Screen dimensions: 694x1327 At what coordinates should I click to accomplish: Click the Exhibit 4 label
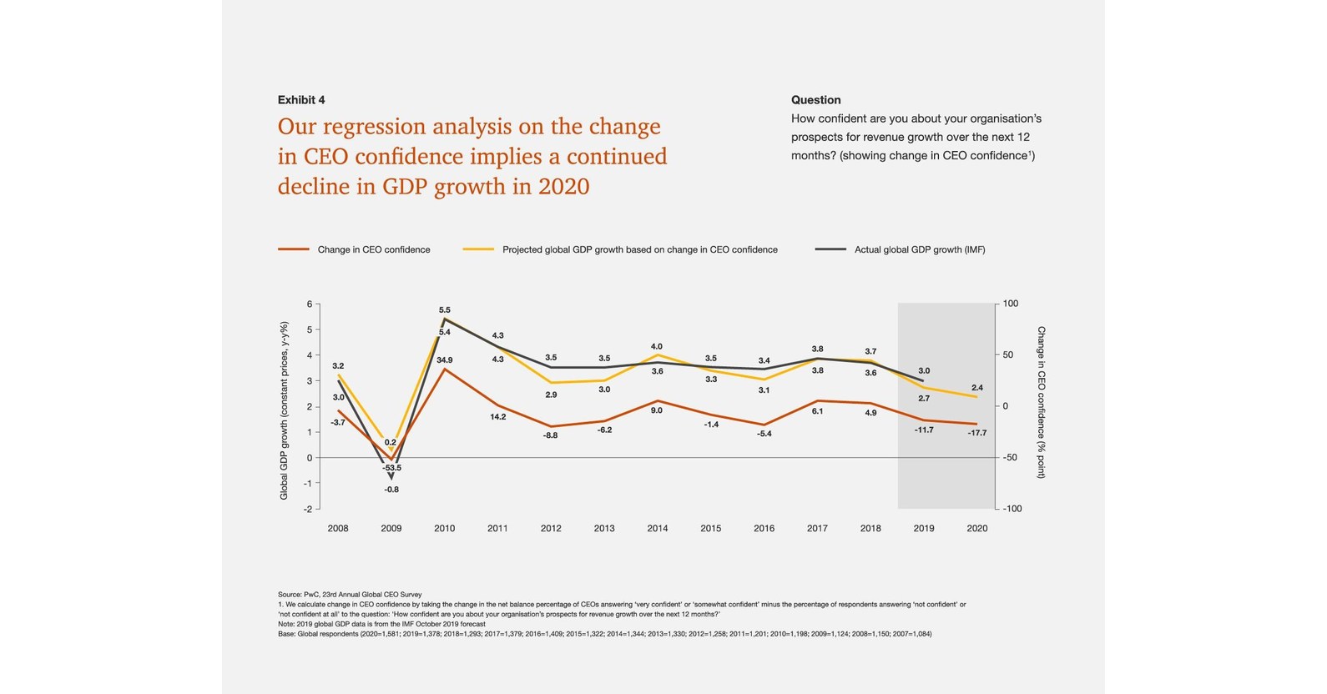300,100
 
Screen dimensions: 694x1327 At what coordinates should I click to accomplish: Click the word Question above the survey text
815,100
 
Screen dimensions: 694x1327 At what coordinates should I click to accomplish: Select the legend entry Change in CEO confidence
373,249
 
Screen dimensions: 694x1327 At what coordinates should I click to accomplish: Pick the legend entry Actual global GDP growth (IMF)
919,249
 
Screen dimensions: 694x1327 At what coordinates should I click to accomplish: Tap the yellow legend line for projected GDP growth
478,249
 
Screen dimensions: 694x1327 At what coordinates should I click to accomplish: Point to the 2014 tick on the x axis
657,528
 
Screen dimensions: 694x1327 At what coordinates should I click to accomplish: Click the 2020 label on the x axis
976,528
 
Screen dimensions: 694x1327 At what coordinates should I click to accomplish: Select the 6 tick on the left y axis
309,304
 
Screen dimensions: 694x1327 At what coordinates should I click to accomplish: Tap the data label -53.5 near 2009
391,468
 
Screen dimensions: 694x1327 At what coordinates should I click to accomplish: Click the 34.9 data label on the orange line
445,360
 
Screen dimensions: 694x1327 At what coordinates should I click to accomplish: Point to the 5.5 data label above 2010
445,310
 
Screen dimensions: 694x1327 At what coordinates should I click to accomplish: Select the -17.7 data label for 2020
976,433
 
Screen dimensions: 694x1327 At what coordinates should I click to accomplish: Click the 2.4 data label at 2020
977,388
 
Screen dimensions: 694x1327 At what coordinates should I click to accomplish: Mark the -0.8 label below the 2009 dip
391,490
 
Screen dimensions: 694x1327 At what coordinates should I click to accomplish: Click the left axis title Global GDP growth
284,410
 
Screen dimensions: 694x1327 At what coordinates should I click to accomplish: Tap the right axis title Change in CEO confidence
1041,402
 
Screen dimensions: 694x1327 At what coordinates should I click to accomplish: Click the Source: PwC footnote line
350,595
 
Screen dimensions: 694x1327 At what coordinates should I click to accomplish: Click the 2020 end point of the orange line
976,424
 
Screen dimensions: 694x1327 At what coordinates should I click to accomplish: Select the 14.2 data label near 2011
497,416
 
